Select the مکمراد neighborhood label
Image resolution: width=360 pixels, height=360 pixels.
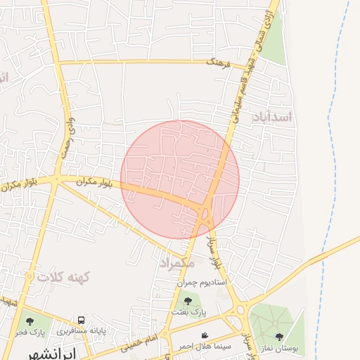181,263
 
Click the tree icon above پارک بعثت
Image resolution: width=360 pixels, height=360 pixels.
188,300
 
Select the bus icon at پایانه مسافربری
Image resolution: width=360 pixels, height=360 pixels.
82,320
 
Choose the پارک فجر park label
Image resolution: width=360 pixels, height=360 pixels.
32,331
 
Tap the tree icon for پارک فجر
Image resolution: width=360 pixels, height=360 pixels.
30,321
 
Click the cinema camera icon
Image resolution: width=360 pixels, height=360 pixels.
205,335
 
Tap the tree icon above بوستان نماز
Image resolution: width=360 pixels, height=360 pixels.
280,337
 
